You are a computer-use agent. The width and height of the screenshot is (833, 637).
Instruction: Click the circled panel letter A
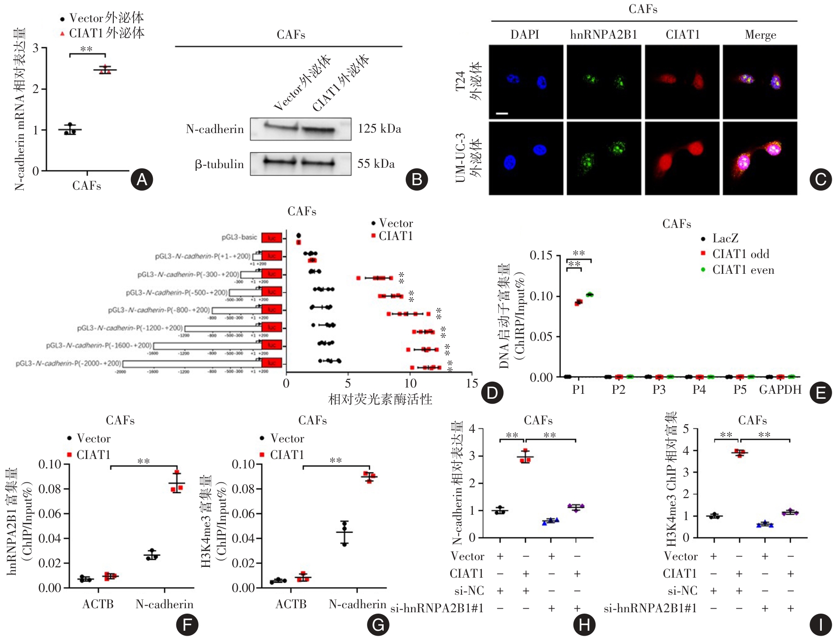[x=142, y=180]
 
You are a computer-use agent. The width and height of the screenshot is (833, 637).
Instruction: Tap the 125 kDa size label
[x=379, y=129]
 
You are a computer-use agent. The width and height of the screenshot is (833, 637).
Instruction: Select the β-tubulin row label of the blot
[x=219, y=164]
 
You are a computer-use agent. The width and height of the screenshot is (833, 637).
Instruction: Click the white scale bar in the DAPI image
[x=502, y=113]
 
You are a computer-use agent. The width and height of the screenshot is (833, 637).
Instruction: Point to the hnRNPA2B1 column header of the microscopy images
[x=604, y=35]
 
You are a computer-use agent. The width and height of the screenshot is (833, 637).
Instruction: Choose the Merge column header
[x=760, y=35]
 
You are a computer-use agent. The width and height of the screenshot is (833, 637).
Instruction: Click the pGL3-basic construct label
[x=239, y=237]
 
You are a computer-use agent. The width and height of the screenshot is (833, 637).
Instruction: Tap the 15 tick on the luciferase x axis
[x=472, y=383]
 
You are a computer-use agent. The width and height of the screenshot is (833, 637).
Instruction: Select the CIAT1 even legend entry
[x=743, y=270]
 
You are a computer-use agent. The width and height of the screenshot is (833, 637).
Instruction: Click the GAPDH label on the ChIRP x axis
[x=780, y=389]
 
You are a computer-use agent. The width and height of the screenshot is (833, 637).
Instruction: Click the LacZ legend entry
[x=725, y=238]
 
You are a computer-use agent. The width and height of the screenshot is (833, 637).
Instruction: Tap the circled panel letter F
[x=187, y=624]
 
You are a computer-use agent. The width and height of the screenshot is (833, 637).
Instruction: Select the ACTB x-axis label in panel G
[x=291, y=604]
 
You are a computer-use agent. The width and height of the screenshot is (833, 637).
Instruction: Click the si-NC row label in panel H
[x=469, y=590]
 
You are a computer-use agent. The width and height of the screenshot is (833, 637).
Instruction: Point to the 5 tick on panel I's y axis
[x=686, y=429]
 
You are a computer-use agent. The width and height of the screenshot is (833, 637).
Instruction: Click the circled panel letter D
[x=492, y=393]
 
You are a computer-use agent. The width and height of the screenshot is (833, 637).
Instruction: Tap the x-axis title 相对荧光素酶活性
[x=380, y=399]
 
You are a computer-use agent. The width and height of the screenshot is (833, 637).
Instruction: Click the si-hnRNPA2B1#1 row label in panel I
[x=650, y=608]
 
